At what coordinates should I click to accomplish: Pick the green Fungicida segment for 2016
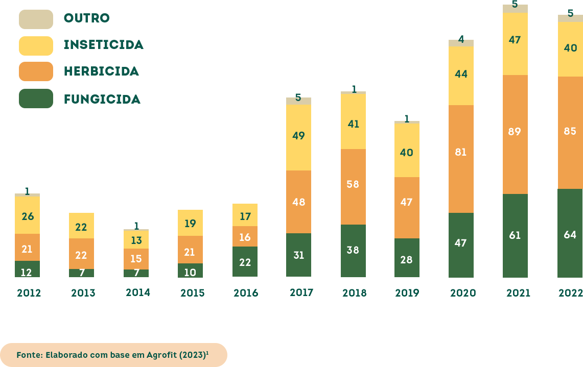coord(245,261)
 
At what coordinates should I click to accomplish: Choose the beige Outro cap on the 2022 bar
coord(570,18)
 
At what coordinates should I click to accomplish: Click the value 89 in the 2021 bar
coord(515,132)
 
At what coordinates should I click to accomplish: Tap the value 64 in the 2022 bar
coord(570,235)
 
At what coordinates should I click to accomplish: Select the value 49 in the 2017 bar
coord(298,136)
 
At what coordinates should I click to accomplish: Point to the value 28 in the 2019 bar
coord(406,260)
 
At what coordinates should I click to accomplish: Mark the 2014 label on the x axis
coord(137,292)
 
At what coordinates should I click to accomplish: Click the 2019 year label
coord(407,293)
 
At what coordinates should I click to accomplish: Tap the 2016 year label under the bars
coord(246,293)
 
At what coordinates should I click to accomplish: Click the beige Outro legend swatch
coord(36,19)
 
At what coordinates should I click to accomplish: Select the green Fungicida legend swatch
coord(36,99)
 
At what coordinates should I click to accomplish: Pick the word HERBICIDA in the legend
coord(101,71)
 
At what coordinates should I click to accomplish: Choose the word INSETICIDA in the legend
coord(103,45)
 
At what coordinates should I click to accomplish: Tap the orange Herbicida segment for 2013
coord(81,253)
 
